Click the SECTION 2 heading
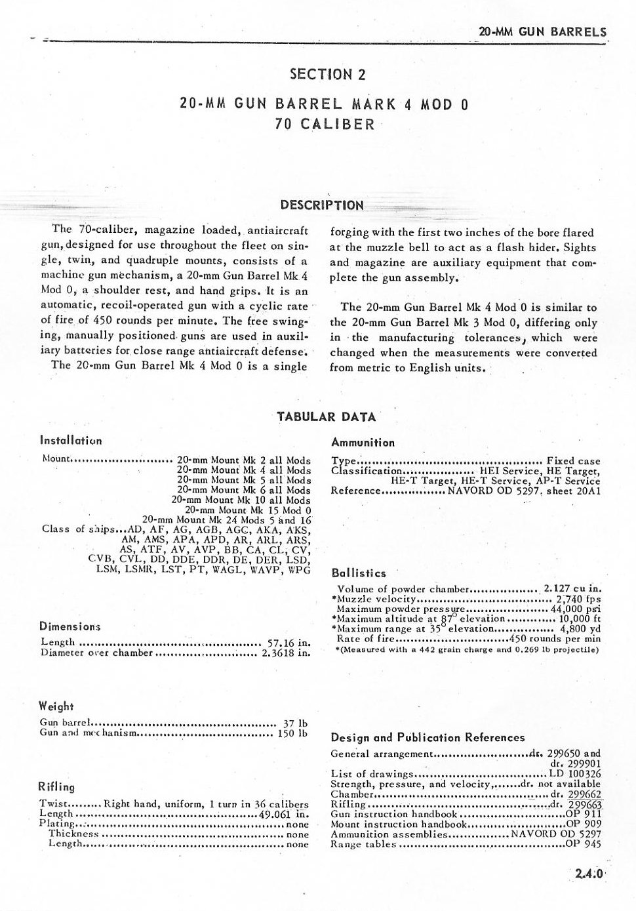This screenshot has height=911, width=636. point(327,74)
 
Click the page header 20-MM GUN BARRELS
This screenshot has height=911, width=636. point(542,31)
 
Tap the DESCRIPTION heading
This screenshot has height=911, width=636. point(322,205)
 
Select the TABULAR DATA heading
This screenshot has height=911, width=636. point(326,416)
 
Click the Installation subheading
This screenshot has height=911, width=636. point(71,441)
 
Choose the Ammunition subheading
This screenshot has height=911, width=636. point(363,443)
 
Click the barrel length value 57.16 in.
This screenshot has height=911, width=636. point(288,642)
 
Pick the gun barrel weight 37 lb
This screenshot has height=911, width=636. point(295,723)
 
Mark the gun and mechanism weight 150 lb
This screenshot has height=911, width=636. point(292,733)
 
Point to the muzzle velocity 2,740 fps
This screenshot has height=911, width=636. point(578,599)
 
